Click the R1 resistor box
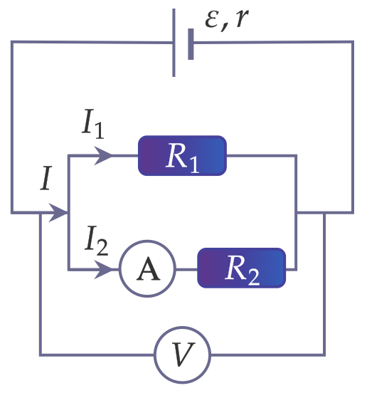click(x=182, y=155)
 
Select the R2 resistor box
click(x=241, y=268)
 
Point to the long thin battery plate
click(x=174, y=43)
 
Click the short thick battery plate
click(x=191, y=44)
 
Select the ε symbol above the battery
click(x=211, y=20)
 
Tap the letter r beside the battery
click(x=242, y=19)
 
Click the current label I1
click(x=93, y=124)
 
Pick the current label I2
click(x=97, y=241)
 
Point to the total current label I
click(x=46, y=178)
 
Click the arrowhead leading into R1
click(x=103, y=155)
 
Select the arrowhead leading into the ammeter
click(x=103, y=269)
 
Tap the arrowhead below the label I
click(x=58, y=212)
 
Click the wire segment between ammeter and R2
click(x=186, y=269)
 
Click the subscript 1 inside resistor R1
click(x=194, y=165)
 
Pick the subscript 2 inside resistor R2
click(x=254, y=278)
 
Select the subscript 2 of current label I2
click(x=102, y=248)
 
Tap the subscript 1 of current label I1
click(x=99, y=131)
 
